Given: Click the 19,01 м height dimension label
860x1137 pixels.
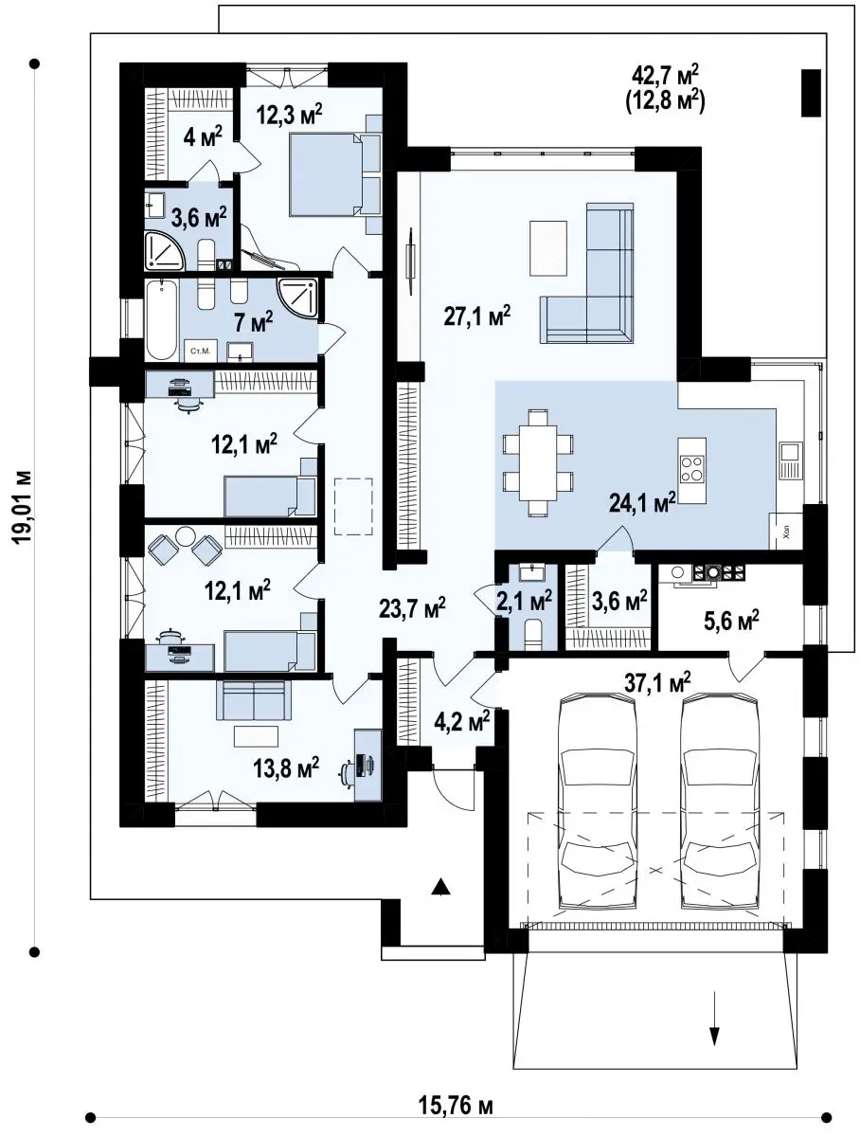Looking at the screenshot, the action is point(23,507).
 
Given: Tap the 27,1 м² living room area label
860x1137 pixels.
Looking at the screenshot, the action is point(477,316).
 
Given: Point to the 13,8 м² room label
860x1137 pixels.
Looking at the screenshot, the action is point(286,767).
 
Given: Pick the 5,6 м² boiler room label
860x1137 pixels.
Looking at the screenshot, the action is point(731,620).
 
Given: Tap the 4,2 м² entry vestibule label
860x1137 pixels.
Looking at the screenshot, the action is point(462,721).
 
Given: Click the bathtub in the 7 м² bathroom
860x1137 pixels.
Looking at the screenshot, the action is point(161,320).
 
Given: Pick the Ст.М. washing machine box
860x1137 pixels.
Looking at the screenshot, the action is point(201,351).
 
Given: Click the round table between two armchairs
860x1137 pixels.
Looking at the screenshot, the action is point(184,536).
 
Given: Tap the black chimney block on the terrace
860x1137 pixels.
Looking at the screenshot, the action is point(811,93).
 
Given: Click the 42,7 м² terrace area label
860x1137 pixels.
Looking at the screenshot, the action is point(665,77).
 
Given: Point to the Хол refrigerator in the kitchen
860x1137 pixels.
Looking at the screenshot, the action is point(786,531).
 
